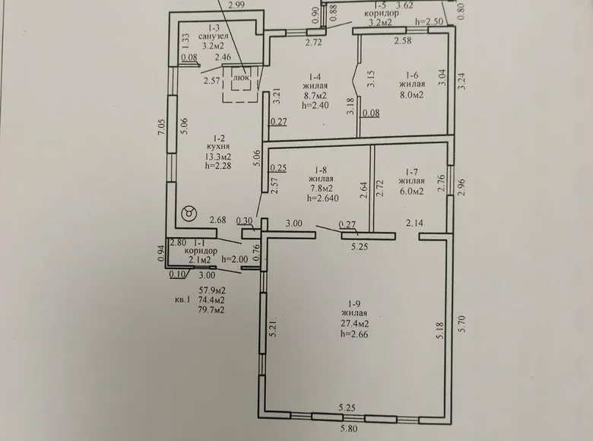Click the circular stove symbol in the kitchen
[188, 214]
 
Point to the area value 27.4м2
[355, 322]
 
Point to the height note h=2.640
[322, 198]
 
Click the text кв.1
[182, 300]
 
